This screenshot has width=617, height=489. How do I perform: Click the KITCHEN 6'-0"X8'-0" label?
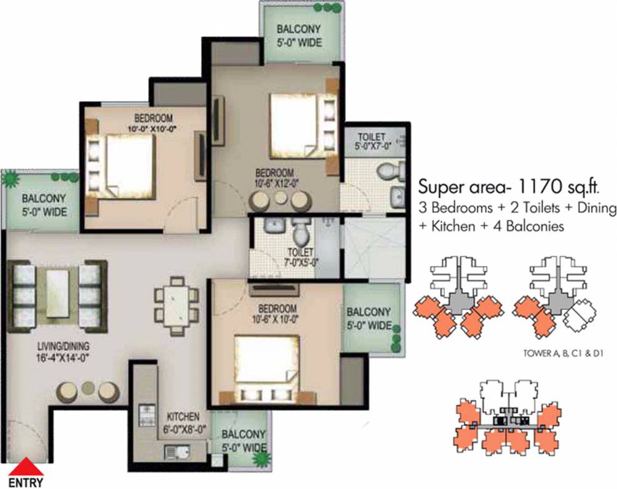(x=183, y=421)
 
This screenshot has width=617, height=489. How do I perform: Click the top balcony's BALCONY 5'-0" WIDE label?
(x=299, y=36)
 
